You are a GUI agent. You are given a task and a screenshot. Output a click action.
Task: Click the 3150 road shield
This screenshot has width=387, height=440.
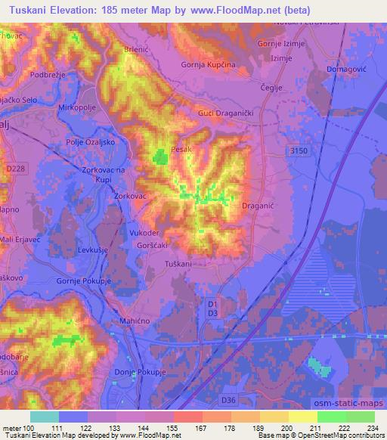[x=299, y=152]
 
